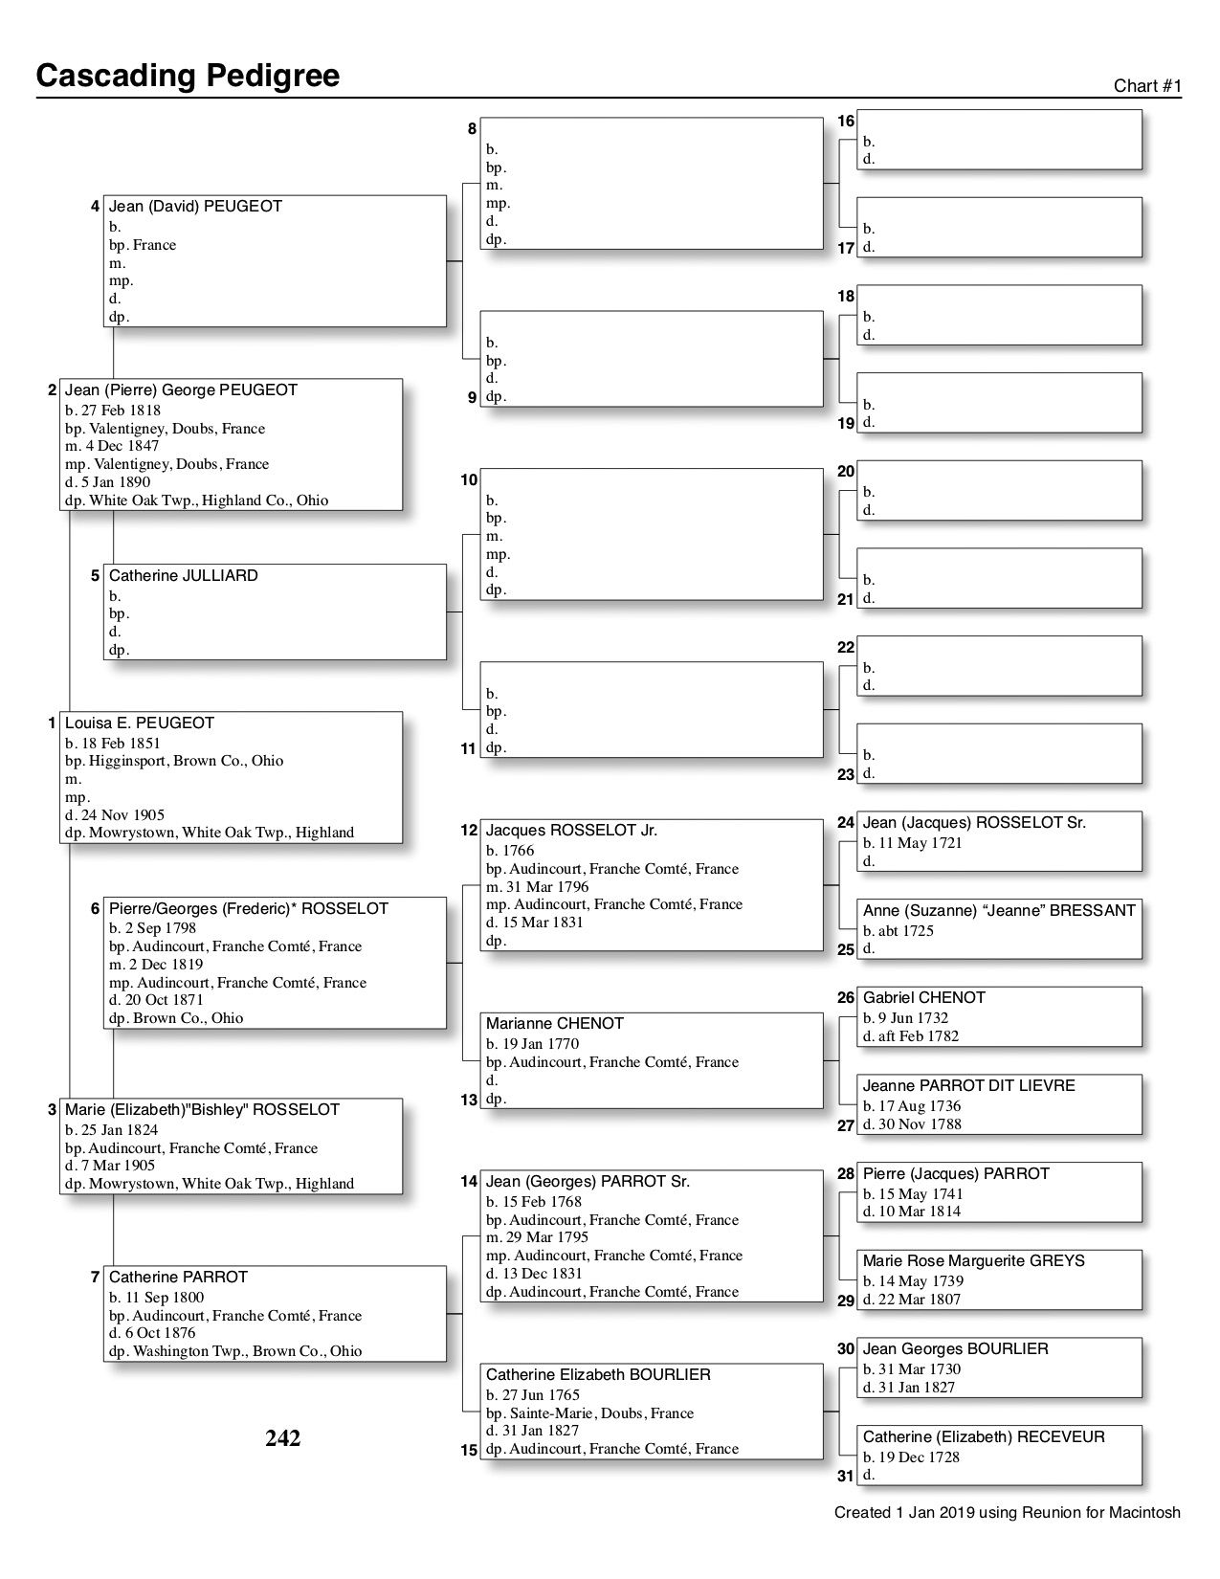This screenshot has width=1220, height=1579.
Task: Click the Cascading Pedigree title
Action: click(x=188, y=76)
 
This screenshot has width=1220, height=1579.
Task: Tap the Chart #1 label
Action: click(x=1147, y=86)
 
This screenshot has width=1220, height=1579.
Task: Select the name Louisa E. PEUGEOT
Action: click(x=140, y=723)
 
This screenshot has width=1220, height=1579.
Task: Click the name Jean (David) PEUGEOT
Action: click(x=195, y=207)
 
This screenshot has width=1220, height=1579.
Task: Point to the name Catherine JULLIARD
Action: click(x=184, y=576)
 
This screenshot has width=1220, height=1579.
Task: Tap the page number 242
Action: click(x=283, y=1438)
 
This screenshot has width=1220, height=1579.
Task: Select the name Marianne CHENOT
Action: click(x=555, y=1024)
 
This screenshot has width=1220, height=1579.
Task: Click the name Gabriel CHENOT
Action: click(x=924, y=998)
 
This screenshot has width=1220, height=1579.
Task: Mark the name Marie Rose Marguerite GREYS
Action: click(x=974, y=1261)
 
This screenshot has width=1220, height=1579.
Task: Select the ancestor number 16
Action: click(x=846, y=122)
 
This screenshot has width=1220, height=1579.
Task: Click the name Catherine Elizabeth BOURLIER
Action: click(x=598, y=1375)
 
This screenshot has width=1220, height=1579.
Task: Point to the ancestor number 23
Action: click(x=846, y=775)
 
